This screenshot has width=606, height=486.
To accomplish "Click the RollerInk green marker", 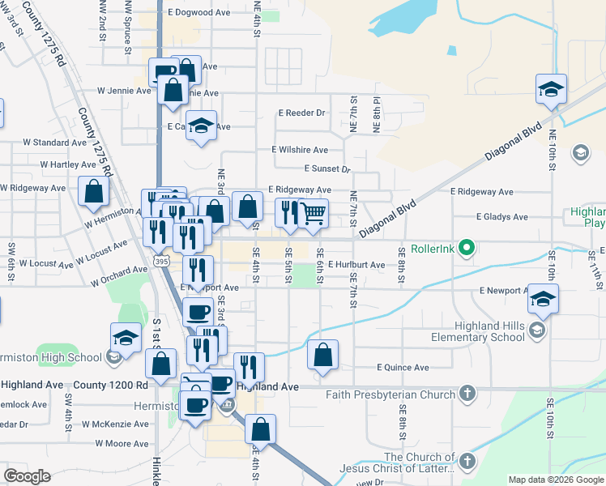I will tap(466, 247).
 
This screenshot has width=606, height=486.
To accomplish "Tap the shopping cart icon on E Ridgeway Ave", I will tap(314, 214).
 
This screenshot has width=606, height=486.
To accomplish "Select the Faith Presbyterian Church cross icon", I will tap(467, 394).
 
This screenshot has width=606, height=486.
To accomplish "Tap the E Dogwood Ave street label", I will tap(199, 13).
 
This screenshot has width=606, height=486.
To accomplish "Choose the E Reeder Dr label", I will tap(301, 113).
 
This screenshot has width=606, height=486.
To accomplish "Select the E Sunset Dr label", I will tap(326, 169).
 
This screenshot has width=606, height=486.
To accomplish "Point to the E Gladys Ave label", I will tap(501, 217).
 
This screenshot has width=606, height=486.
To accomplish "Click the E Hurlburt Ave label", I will tap(356, 265).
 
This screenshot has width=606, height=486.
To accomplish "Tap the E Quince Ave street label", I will tap(403, 367).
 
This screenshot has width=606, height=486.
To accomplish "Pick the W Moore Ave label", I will tap(122, 443).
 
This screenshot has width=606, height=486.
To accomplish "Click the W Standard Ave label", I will tap(49, 142).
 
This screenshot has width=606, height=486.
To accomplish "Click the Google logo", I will tap(27, 476).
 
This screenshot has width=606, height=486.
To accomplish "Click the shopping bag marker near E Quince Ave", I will tap(322, 355).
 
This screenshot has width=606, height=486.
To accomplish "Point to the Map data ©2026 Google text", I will tap(556, 480).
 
